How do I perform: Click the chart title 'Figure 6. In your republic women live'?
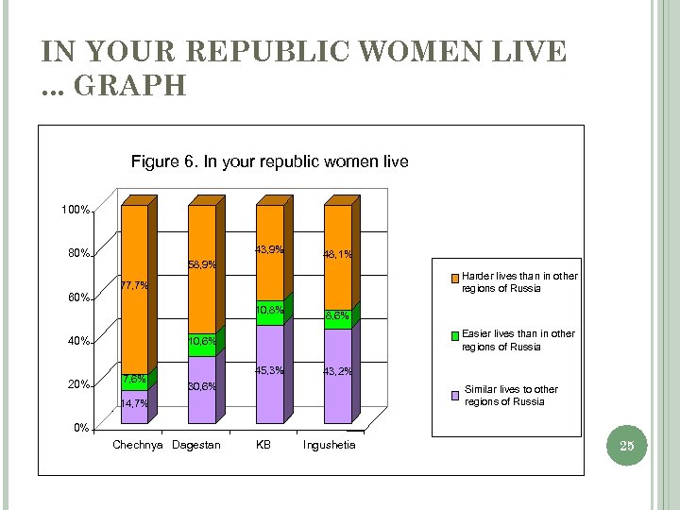(x=269, y=161)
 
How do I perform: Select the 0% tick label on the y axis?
(x=81, y=428)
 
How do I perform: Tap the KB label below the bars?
(x=263, y=445)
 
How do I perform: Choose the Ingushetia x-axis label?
(x=329, y=445)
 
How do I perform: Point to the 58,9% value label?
(x=203, y=264)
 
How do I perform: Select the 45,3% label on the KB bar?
(x=269, y=370)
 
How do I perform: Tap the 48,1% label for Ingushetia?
(x=338, y=254)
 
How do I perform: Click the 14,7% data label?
(x=133, y=403)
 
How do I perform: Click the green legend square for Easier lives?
(x=454, y=335)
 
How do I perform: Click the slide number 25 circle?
(x=626, y=445)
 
